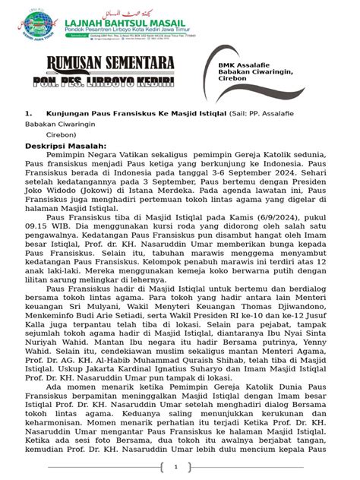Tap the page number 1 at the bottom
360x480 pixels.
175,466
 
